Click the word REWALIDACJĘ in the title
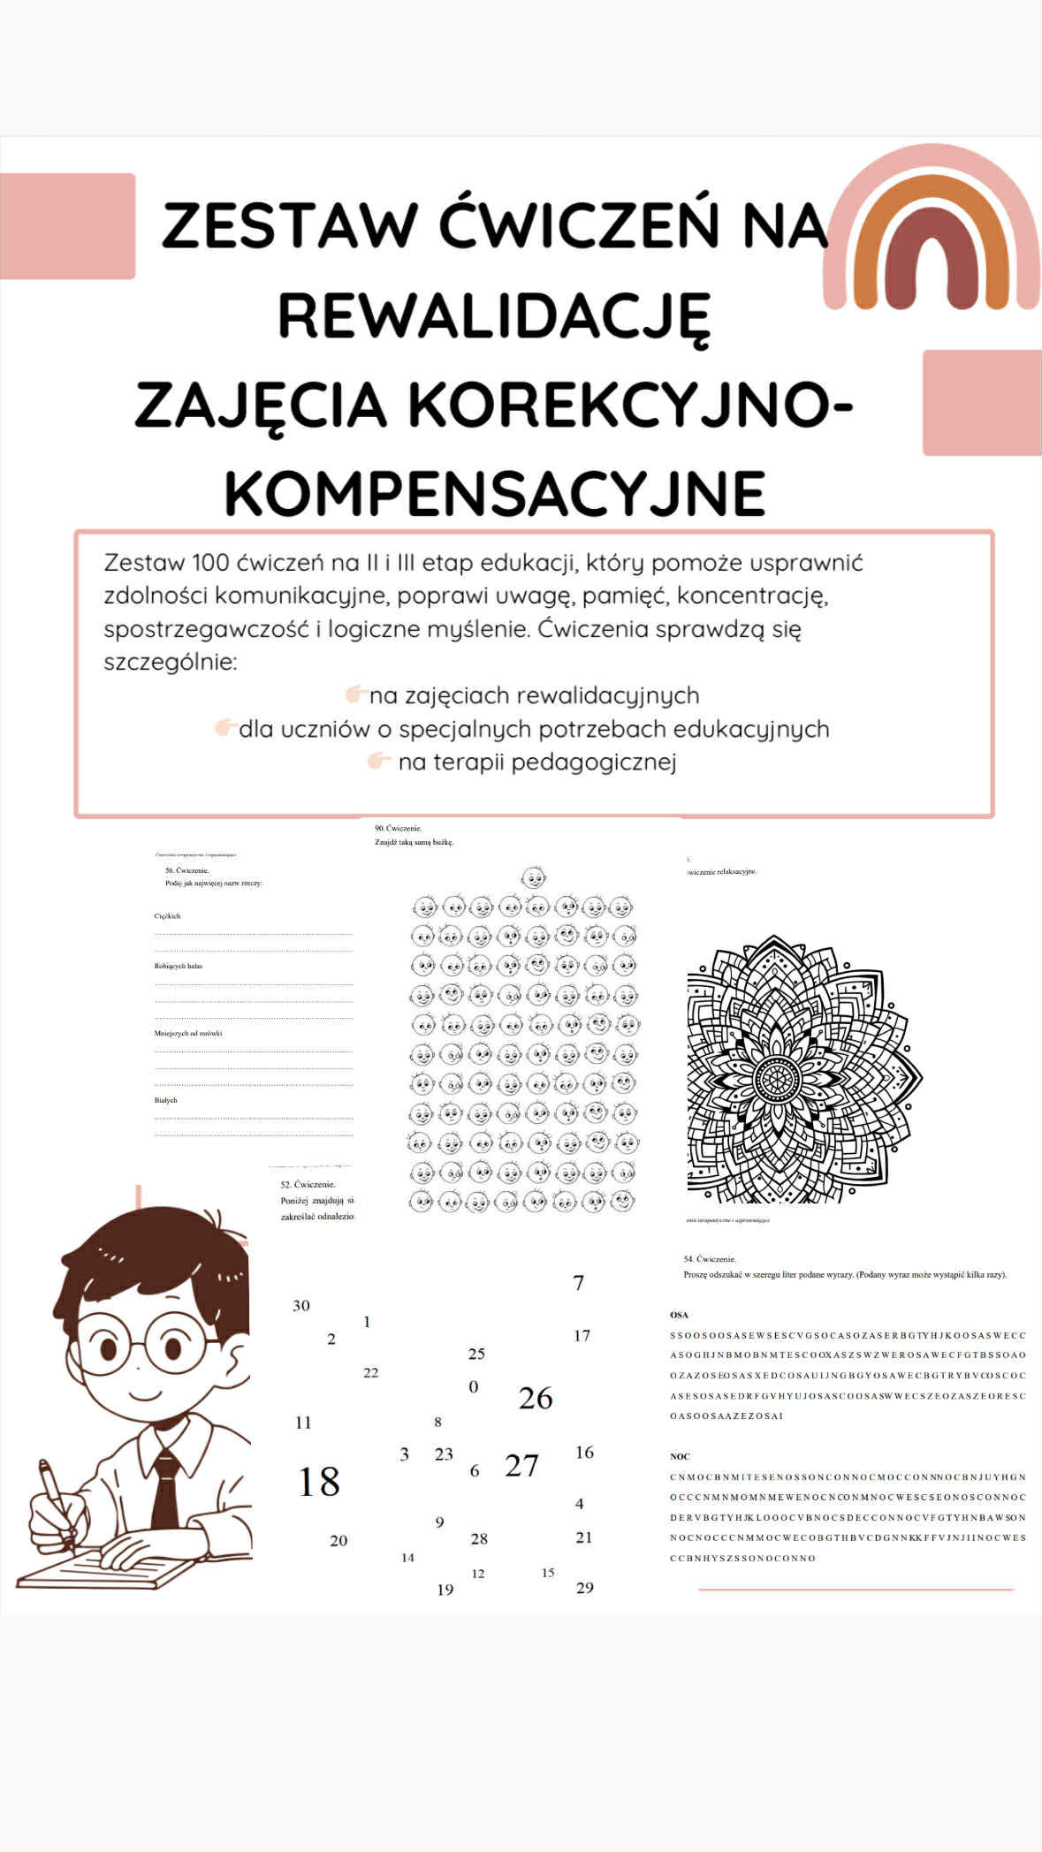(x=495, y=316)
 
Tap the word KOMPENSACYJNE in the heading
(x=495, y=492)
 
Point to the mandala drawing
(x=804, y=1069)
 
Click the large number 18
(x=318, y=1482)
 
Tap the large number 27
(x=521, y=1466)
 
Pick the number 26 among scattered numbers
(x=536, y=1398)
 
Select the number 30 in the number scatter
(x=301, y=1305)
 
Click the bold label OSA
(x=679, y=1315)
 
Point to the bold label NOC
(x=680, y=1456)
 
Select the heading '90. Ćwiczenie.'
(x=399, y=829)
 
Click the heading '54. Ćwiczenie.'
(x=710, y=1258)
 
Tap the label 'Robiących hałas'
(x=179, y=966)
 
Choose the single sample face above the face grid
(x=534, y=877)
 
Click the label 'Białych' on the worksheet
(x=166, y=1100)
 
